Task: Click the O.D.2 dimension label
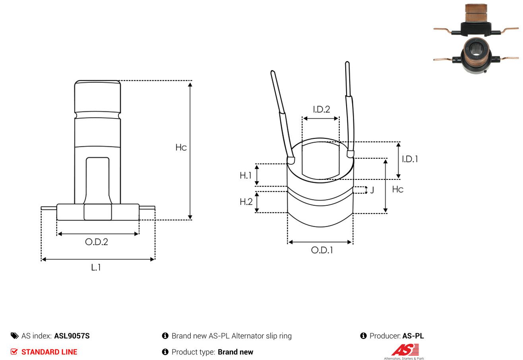pos(97,242)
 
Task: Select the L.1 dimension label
pos(96,267)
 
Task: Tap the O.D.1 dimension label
pos(322,250)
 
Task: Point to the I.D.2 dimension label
pos(322,109)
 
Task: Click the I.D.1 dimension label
pos(410,159)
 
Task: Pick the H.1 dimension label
pos(245,175)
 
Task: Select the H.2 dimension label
pos(246,202)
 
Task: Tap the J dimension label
pos(372,190)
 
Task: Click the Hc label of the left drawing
pos(181,148)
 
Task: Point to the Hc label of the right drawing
pos(398,189)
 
